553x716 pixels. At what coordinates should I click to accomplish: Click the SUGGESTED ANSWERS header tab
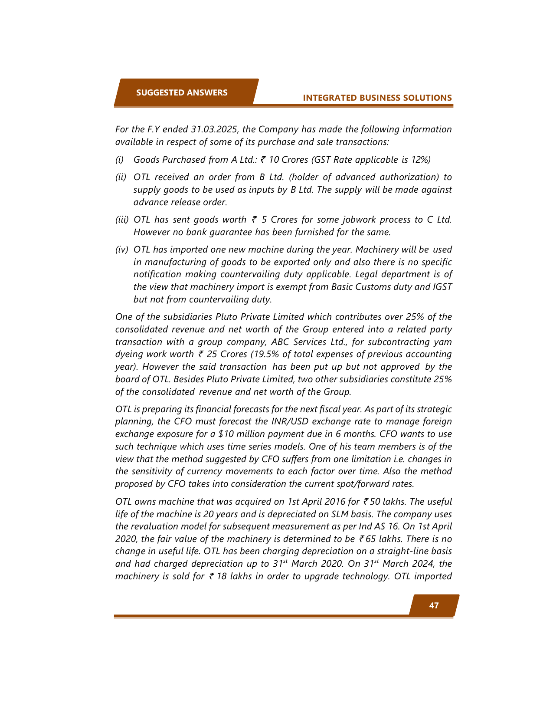tap(182, 92)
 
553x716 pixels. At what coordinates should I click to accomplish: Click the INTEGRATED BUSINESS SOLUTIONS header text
tap(377, 98)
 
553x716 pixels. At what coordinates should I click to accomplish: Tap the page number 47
tap(434, 605)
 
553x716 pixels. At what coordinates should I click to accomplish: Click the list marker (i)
tap(119, 160)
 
